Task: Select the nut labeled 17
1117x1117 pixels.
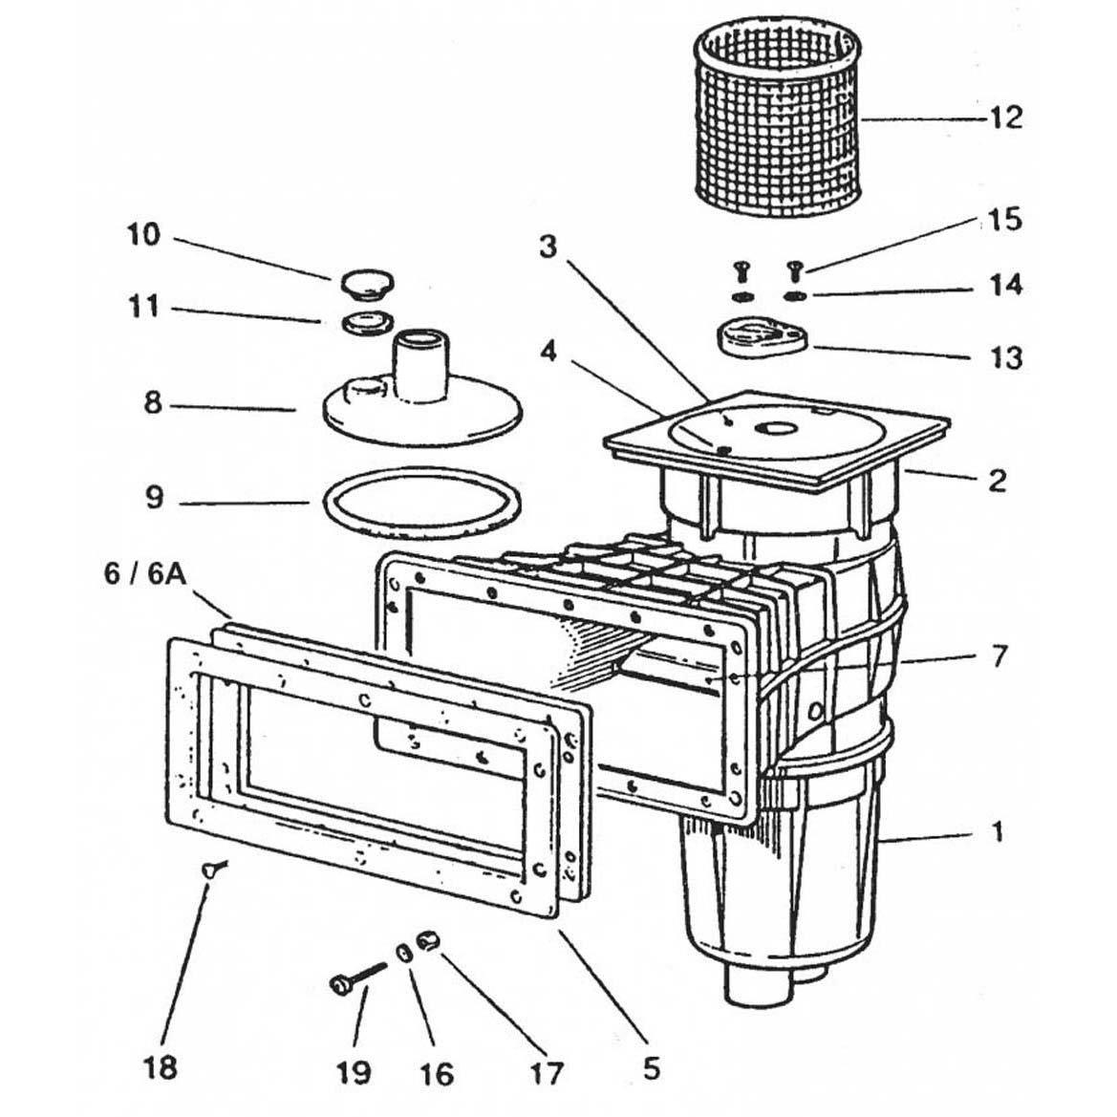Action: click(428, 943)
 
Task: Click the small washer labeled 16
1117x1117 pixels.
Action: click(405, 954)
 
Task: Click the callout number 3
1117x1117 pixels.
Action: click(547, 247)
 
